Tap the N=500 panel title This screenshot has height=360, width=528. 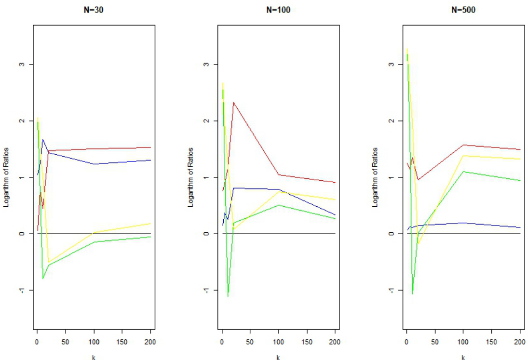click(x=463, y=10)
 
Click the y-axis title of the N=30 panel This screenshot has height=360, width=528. click(x=7, y=177)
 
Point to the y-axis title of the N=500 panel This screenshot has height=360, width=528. click(x=376, y=177)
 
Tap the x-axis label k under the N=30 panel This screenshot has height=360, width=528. click(x=94, y=357)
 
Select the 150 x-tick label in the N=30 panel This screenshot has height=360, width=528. click(x=122, y=342)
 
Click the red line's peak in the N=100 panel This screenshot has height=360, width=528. click(x=233, y=102)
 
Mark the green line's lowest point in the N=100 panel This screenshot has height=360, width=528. click(x=228, y=296)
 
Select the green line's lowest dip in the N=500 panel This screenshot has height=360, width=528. click(x=412, y=293)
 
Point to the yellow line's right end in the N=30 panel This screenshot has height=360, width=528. click(x=151, y=223)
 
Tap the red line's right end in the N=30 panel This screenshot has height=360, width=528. click(x=151, y=147)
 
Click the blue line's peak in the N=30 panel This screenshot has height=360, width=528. click(x=43, y=140)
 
